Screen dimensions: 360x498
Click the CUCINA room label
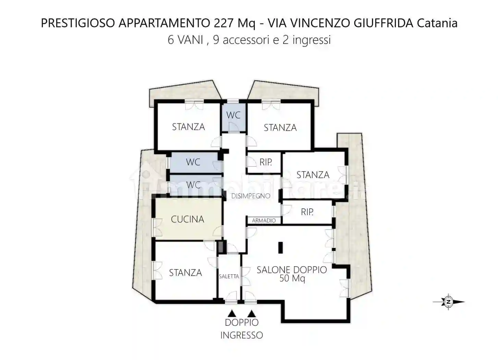point(187,219)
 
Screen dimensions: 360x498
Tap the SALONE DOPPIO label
point(292,270)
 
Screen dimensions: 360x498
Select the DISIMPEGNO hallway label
point(251,196)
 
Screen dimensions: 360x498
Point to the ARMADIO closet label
point(264,220)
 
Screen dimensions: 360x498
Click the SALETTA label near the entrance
point(229,276)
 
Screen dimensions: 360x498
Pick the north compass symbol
point(448,302)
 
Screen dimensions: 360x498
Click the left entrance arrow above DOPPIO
point(232,313)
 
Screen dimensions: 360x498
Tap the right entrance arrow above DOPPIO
point(252,313)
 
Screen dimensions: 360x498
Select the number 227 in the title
point(224,23)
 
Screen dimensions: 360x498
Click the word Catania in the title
point(437,23)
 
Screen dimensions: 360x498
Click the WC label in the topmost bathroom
point(233,115)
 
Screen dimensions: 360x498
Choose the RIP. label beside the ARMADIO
point(307,212)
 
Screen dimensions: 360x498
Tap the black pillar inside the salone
point(281,248)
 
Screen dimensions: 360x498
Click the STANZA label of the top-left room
point(188,127)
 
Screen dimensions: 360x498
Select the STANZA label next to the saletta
point(185,273)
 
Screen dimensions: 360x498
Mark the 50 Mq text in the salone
point(292,278)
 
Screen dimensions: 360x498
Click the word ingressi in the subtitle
point(312,40)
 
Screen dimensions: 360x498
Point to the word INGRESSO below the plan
point(241,335)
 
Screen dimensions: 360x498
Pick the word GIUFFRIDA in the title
point(384,23)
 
